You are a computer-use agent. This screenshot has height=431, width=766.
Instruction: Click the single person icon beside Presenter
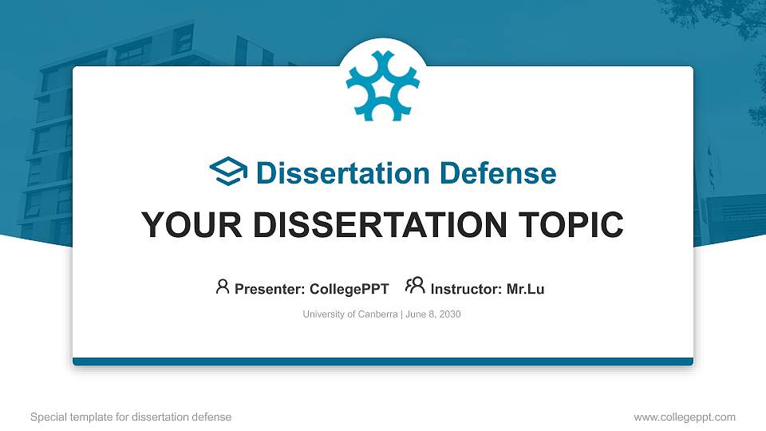click(x=223, y=287)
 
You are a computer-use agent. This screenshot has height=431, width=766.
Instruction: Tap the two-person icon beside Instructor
click(x=415, y=286)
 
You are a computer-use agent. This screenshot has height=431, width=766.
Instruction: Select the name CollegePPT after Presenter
click(x=349, y=289)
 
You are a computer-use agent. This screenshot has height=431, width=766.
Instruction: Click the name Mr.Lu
click(x=525, y=289)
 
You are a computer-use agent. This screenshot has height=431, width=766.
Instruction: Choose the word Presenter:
click(x=269, y=289)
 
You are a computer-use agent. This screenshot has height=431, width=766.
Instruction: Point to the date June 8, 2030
click(x=432, y=314)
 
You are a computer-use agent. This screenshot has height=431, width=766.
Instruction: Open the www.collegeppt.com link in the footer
click(x=684, y=417)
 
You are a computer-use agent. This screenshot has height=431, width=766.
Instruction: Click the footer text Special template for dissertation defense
click(x=131, y=417)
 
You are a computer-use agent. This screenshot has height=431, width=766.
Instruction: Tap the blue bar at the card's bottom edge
click(x=383, y=362)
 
